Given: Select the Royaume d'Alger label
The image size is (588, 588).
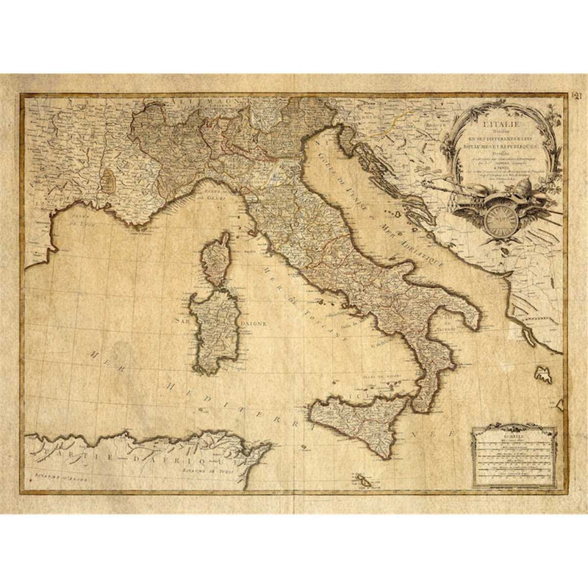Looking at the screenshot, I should [51, 476].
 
